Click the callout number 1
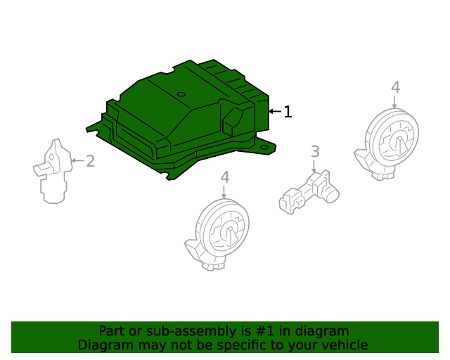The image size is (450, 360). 288,111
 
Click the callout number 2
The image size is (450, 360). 90,161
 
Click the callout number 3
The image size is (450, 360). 315,150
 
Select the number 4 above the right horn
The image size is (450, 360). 395,87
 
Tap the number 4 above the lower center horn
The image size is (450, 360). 224,177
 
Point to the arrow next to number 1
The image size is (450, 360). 275,111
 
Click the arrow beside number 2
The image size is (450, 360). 77,161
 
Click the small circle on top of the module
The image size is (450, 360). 181,94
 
